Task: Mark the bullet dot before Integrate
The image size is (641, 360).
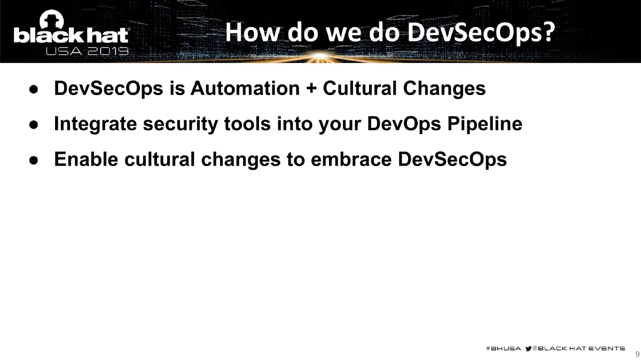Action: point(33,125)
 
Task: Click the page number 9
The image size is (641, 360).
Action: point(637,354)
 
